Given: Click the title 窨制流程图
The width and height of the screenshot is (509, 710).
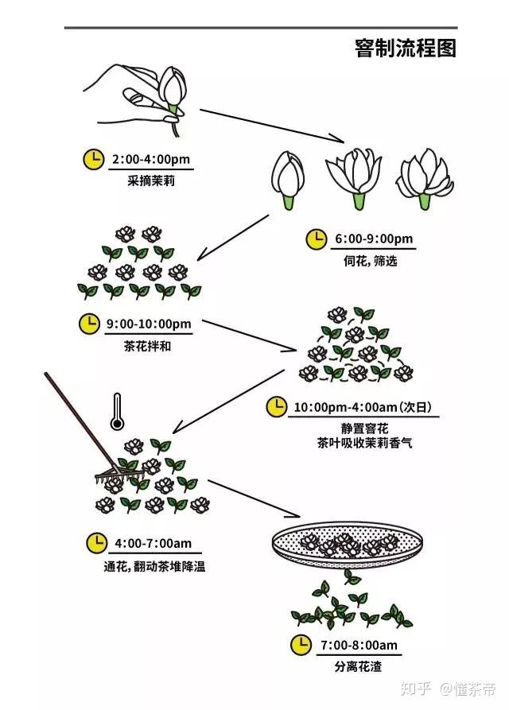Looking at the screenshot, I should pyautogui.click(x=406, y=48).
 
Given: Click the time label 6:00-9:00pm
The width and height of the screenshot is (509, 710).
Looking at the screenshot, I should pyautogui.click(x=374, y=239).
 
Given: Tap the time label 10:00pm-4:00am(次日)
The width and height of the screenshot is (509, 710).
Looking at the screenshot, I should pyautogui.click(x=362, y=407).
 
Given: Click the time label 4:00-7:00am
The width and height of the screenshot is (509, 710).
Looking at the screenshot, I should pyautogui.click(x=153, y=544).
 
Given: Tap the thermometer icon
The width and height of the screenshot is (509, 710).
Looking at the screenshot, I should pyautogui.click(x=118, y=410).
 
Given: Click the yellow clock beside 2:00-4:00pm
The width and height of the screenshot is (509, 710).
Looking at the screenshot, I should pyautogui.click(x=93, y=158).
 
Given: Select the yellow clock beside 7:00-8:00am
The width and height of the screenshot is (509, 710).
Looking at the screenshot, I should pyautogui.click(x=301, y=643).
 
